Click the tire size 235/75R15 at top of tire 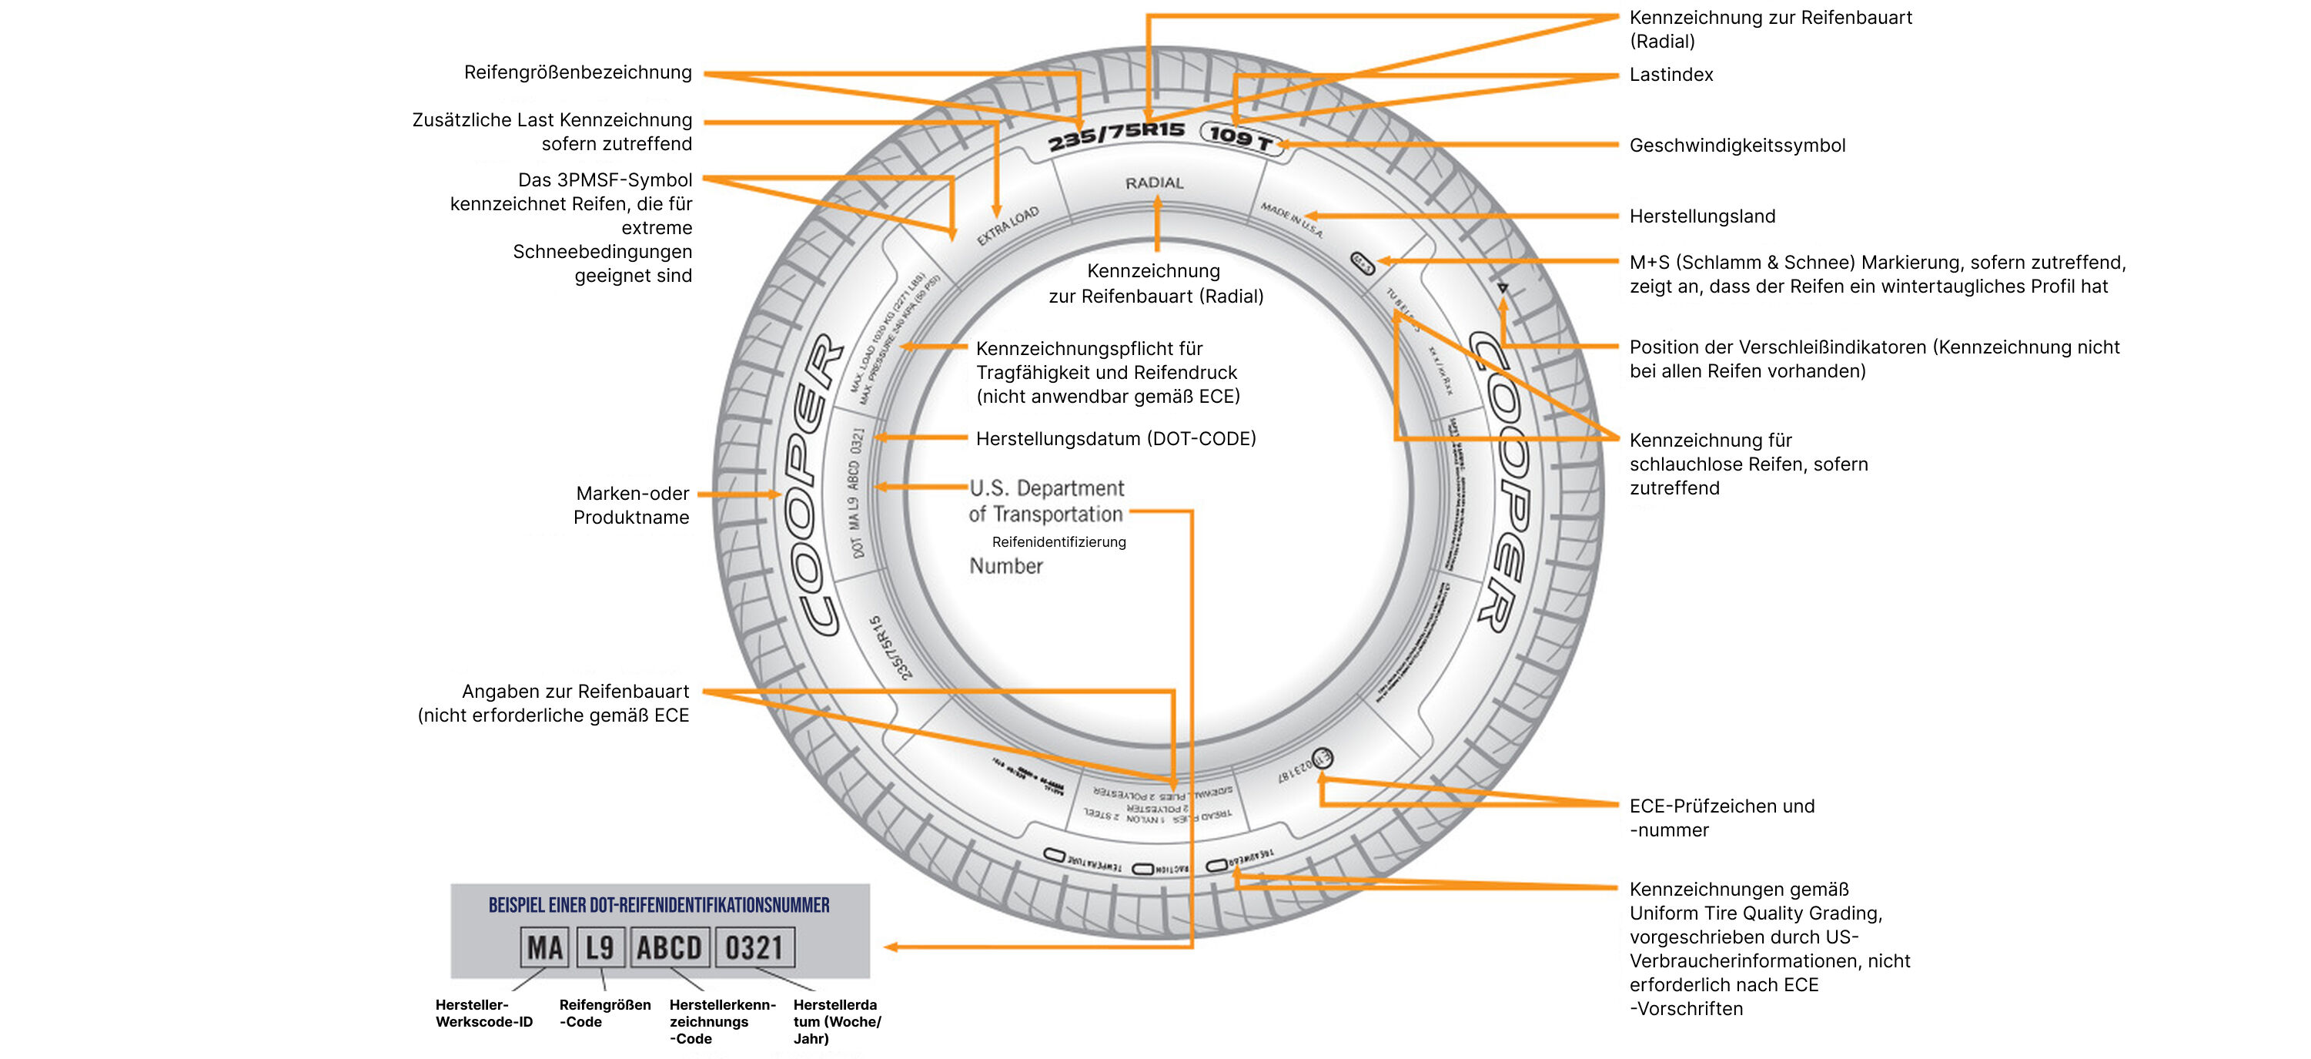[x=1116, y=136]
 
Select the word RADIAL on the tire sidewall [x=1154, y=183]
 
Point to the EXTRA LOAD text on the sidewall [x=1008, y=225]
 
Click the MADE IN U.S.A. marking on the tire [x=1291, y=220]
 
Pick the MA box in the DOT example [x=544, y=948]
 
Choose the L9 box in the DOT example [x=599, y=948]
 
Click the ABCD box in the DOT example [x=669, y=948]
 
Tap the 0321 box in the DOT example [x=754, y=948]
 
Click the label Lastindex [x=1671, y=75]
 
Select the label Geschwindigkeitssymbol [x=1737, y=146]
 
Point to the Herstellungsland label [x=1702, y=216]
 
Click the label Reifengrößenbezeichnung [x=577, y=72]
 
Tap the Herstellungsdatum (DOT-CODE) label [x=1115, y=439]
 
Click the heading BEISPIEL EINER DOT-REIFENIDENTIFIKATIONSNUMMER [x=658, y=905]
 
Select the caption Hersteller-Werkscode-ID [x=483, y=1014]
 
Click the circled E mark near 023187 [x=1323, y=759]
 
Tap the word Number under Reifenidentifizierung [x=1005, y=566]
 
